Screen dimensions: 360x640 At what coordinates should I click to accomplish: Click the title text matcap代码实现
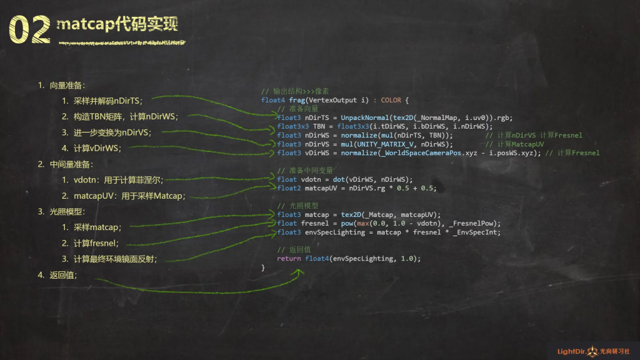pos(117,24)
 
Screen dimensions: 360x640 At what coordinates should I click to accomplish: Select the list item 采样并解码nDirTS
pos(107,101)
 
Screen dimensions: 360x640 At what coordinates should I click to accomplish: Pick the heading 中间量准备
pos(71,164)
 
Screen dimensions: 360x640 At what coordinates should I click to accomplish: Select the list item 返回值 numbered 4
pos(63,275)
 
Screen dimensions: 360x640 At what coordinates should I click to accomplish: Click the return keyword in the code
pos(289,258)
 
